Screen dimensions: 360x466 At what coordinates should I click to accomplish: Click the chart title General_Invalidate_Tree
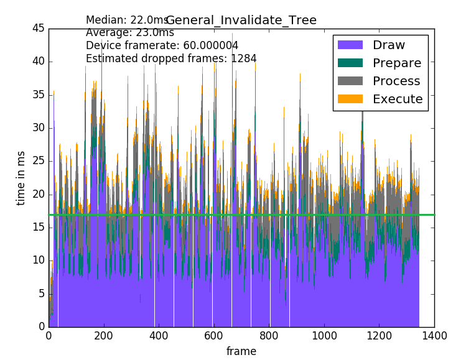(241, 21)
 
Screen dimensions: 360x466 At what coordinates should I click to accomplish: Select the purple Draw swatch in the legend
(350, 45)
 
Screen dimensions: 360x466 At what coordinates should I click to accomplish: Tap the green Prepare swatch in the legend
(350, 63)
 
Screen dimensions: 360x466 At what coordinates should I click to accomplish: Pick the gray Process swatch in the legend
(350, 81)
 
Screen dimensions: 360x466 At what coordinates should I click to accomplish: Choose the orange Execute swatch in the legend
(350, 99)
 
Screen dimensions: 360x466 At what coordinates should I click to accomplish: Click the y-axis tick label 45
(38, 28)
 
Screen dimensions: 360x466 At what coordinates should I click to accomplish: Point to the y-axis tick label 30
(38, 127)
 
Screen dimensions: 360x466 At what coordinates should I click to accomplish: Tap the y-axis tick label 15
(38, 227)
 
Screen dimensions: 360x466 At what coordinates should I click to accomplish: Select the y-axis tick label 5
(40, 293)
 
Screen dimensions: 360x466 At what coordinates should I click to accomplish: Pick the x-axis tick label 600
(214, 336)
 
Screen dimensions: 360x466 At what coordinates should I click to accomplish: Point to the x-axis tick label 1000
(324, 336)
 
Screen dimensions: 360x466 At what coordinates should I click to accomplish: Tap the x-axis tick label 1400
(434, 336)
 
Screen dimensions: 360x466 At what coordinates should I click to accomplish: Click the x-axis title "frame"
(241, 351)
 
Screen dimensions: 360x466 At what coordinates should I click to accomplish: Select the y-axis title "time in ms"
(21, 178)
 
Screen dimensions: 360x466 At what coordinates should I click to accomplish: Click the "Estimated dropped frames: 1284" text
(171, 59)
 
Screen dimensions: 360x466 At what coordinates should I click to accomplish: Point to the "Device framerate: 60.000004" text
(162, 46)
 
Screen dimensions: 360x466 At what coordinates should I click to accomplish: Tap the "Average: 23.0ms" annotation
(130, 33)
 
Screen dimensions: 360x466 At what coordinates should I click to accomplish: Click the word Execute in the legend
(398, 99)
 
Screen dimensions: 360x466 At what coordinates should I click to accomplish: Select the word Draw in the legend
(389, 45)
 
